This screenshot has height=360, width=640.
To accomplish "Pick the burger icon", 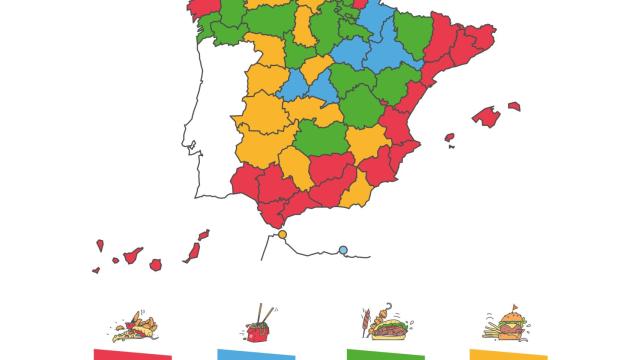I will pyautogui.click(x=507, y=325).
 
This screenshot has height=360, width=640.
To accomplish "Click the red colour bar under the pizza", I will pyautogui.click(x=132, y=354).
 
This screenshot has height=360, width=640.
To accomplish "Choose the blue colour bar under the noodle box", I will pyautogui.click(x=257, y=354).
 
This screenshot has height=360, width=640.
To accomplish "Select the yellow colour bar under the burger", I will pyautogui.click(x=507, y=354).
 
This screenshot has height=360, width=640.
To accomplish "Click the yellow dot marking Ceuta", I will pyautogui.click(x=282, y=234).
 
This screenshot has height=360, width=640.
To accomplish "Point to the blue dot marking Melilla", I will pyautogui.click(x=343, y=249).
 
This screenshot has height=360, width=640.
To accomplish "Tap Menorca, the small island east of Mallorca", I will pyautogui.click(x=514, y=104).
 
